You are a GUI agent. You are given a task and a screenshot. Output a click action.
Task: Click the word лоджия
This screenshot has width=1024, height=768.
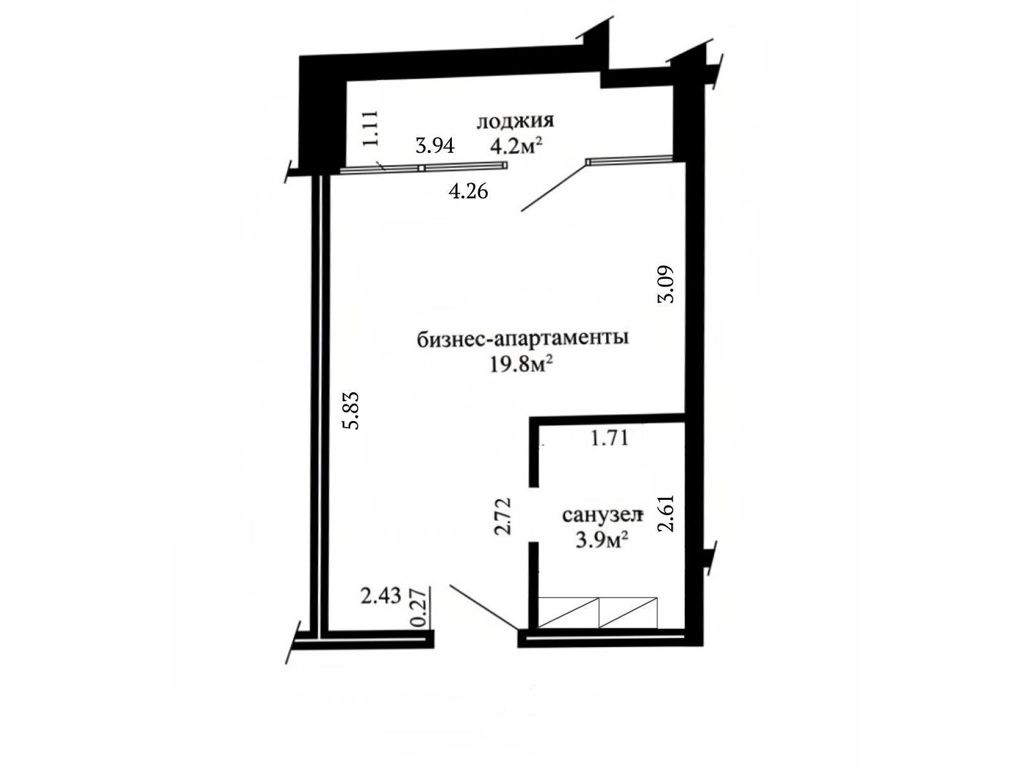pyautogui.click(x=515, y=122)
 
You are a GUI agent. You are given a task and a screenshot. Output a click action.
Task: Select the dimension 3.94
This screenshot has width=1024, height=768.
pyautogui.click(x=435, y=146)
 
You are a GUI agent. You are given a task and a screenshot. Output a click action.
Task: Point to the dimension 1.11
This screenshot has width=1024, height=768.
pyautogui.click(x=372, y=128)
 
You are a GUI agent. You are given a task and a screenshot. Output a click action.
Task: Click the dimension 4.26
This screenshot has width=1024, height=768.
pyautogui.click(x=468, y=191)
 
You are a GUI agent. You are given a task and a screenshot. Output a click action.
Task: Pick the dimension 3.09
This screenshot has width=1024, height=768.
pyautogui.click(x=666, y=284)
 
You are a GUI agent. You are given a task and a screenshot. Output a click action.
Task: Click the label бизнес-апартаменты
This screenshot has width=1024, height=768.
pyautogui.click(x=522, y=339)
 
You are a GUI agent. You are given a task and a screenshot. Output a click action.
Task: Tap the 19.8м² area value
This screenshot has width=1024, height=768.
pyautogui.click(x=520, y=364)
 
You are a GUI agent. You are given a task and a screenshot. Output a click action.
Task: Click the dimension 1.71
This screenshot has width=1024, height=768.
pyautogui.click(x=609, y=438)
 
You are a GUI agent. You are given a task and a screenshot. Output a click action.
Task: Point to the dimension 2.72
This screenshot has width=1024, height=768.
pyautogui.click(x=503, y=516)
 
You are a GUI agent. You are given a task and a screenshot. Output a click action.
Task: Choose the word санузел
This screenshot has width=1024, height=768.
pyautogui.click(x=602, y=515)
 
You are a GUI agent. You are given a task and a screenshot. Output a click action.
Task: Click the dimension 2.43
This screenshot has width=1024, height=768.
pyautogui.click(x=381, y=595)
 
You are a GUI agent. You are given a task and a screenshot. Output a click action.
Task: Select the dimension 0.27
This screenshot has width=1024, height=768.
pyautogui.click(x=419, y=609)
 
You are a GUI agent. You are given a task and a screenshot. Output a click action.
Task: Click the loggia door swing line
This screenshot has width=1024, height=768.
pyautogui.click(x=554, y=185)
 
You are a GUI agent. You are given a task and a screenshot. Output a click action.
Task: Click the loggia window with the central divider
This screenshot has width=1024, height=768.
pyautogui.click(x=423, y=168)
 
